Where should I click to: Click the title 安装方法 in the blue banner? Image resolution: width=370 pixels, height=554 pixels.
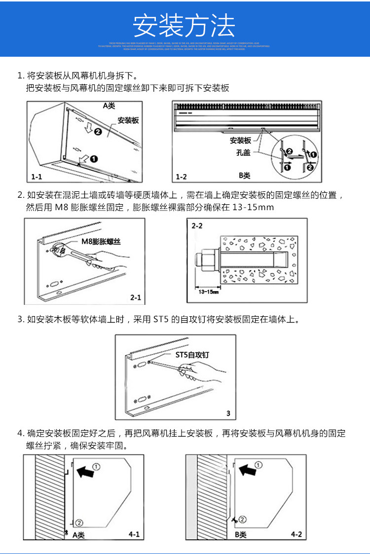pos(185,26)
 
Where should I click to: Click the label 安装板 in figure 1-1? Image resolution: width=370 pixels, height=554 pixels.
pos(128,120)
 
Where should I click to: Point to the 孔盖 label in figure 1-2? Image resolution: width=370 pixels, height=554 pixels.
pos(243,153)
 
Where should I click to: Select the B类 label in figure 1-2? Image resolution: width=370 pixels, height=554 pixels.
pos(245,175)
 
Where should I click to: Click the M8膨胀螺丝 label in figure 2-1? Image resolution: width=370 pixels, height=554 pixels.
pos(101,241)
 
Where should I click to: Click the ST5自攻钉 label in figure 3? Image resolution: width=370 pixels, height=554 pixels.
pos(192,355)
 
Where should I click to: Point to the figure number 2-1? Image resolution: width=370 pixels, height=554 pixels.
pos(135,297)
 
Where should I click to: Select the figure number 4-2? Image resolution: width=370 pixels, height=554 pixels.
pos(296,534)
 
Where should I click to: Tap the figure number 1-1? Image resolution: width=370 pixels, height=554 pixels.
pos(37,176)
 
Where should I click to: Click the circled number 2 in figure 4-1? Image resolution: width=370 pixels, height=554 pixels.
pos(80,522)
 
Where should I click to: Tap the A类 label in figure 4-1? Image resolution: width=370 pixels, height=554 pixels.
pos(79,535)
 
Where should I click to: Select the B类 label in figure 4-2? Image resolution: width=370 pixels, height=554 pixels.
pos(241,535)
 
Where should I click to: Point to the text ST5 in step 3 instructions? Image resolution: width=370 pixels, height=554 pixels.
pos(161,320)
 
